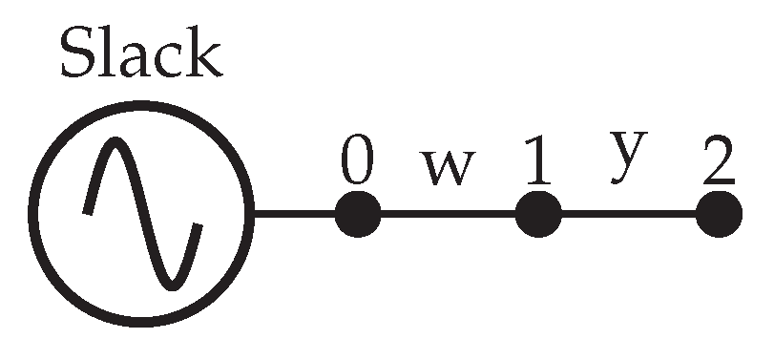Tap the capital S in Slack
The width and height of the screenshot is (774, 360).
coord(78,54)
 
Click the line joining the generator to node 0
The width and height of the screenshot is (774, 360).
coord(295,213)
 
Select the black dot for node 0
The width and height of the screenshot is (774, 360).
coord(358,213)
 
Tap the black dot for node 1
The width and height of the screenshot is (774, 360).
coord(538,213)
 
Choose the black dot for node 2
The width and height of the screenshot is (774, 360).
coord(718,213)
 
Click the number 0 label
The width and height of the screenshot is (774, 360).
coord(357,163)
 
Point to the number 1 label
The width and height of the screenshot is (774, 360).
coord(537,163)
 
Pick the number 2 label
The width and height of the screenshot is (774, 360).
coord(718,163)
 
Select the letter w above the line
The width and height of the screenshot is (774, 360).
coord(448,168)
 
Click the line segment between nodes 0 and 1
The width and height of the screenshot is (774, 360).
coord(448,213)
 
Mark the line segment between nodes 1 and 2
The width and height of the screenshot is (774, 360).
coord(628,213)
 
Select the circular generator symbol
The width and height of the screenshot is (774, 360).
coord(143,213)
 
